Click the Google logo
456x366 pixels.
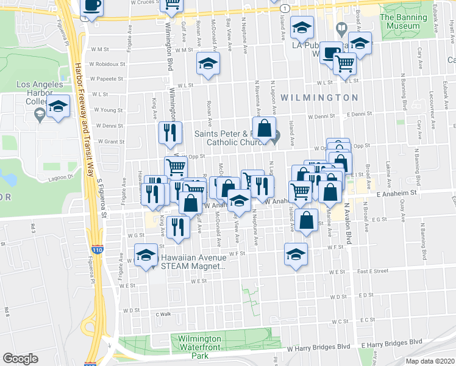click(x=20, y=359)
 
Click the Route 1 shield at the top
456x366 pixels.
click(x=285, y=9)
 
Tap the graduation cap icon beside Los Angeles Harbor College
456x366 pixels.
click(x=59, y=107)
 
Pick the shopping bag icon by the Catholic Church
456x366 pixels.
click(x=265, y=129)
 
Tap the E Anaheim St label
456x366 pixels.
click(x=399, y=193)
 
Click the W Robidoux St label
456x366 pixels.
click(x=107, y=63)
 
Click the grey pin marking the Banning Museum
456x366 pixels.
click(x=341, y=28)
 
